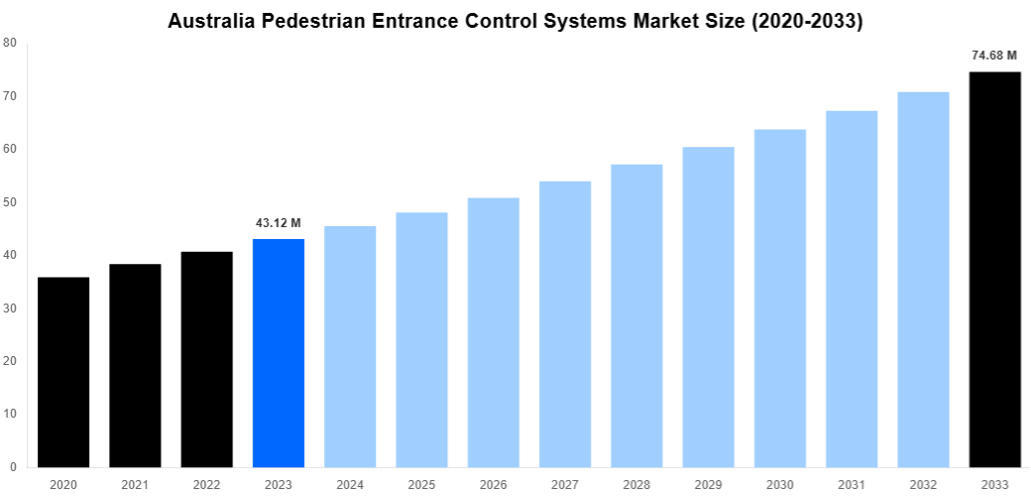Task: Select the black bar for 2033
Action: click(994, 269)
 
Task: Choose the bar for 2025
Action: click(421, 339)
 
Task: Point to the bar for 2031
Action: click(852, 289)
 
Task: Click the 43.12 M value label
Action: click(279, 223)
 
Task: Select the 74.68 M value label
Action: click(994, 56)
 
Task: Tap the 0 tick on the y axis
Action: click(12, 467)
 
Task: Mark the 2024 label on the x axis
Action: click(350, 484)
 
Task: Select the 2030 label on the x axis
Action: click(779, 484)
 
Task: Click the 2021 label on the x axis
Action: click(135, 484)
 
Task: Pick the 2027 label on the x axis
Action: click(565, 484)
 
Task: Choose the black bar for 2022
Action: click(206, 359)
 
